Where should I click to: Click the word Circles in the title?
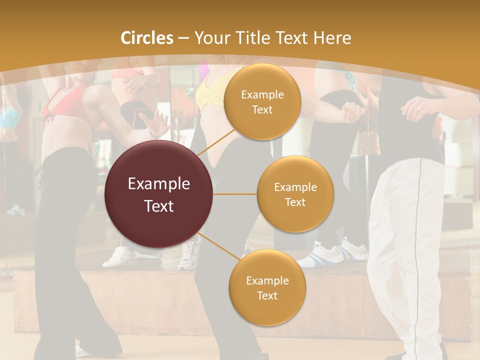coord(147,38)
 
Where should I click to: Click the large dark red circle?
coord(159,194)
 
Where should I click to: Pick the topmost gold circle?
coord(262,101)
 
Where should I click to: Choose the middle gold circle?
coord(295,194)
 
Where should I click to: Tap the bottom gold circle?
coord(267,287)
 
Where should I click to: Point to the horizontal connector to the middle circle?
coord(235,194)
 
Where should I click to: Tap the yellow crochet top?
coord(210,92)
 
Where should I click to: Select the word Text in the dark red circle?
coord(159,206)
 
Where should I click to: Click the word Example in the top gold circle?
coord(262,95)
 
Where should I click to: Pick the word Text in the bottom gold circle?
coord(267,295)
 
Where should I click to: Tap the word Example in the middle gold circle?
coord(295,187)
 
